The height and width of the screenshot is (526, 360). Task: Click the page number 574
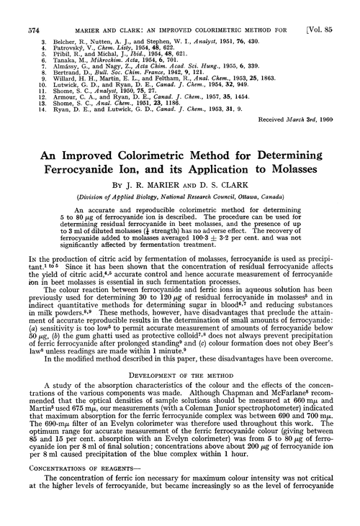15,10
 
